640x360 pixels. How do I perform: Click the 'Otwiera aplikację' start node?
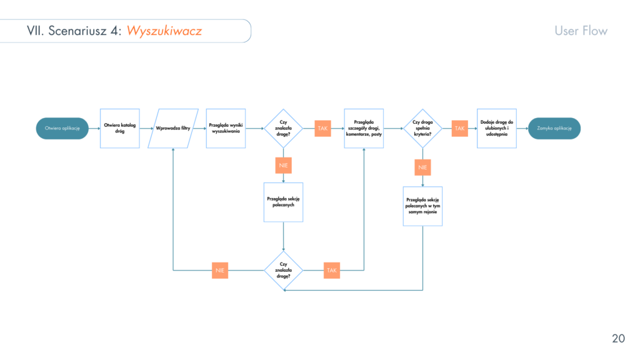tap(62, 128)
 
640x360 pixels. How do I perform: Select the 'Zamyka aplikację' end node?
tap(554, 128)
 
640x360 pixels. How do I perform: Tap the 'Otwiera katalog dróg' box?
tap(120, 128)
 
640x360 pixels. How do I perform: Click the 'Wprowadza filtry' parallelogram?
tap(173, 128)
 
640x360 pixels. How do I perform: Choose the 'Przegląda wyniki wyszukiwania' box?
tap(226, 128)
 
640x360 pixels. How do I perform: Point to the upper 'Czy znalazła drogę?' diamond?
tap(284, 128)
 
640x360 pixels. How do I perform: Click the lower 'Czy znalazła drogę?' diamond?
tap(284, 270)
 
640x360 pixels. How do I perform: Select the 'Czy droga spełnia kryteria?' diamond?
tap(422, 128)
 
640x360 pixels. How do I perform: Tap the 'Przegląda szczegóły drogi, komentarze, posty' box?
tap(363, 128)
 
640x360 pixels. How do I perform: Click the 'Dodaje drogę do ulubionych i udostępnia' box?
tap(497, 128)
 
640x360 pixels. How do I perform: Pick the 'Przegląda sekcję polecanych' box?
tap(284, 202)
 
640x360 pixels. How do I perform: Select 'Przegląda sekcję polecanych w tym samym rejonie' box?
tap(422, 206)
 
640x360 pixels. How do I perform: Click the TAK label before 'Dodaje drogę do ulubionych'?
tap(460, 128)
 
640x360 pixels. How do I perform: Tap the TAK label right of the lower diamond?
tap(331, 270)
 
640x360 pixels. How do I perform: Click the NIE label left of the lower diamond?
tap(219, 270)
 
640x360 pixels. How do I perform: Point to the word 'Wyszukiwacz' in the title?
tap(164, 31)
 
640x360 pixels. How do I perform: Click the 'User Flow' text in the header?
tap(581, 31)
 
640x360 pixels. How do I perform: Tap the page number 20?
tap(617, 339)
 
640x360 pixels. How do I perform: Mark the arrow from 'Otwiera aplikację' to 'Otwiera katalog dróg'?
tap(94, 128)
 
